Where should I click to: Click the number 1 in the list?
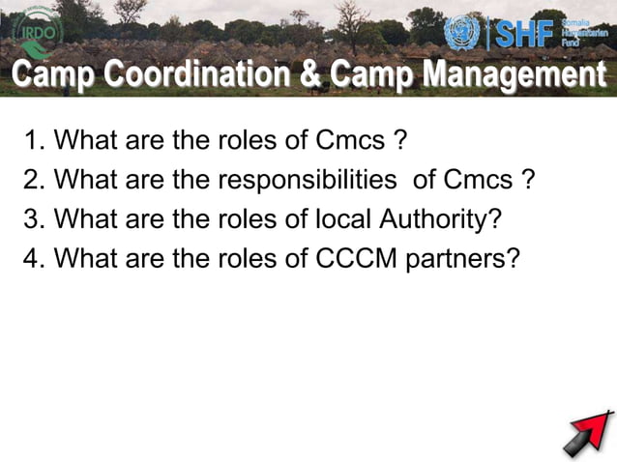coord(32,141)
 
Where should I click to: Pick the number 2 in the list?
coord(32,180)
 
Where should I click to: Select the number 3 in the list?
coord(32,218)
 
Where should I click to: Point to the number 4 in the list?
coord(32,258)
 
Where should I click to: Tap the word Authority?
coord(439,218)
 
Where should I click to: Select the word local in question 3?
coord(342,218)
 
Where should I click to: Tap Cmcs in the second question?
coord(478,180)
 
